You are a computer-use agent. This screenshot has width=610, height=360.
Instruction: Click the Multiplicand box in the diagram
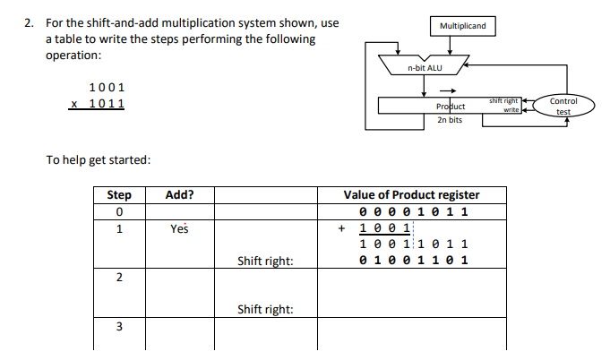tap(463, 25)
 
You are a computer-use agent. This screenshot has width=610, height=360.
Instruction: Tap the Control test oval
tap(563, 106)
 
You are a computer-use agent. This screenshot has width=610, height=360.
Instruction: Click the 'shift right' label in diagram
tap(504, 101)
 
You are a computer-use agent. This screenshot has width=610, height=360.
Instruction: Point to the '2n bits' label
tap(449, 119)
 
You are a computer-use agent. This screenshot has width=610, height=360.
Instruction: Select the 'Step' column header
tap(119, 195)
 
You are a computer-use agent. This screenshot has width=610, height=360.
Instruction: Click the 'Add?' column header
tap(179, 195)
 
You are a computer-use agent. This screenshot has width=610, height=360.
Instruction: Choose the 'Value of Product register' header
tap(411, 195)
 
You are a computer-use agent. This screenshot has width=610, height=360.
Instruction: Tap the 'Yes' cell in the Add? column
tap(179, 228)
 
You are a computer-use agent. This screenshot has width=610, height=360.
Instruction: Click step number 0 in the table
tap(119, 212)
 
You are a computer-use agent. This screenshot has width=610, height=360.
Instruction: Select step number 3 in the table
tap(119, 327)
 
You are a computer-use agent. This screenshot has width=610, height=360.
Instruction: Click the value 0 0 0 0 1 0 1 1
tap(414, 212)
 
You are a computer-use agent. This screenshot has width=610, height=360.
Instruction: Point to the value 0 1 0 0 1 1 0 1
tap(414, 261)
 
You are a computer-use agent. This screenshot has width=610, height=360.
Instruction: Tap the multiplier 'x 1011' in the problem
tap(98, 104)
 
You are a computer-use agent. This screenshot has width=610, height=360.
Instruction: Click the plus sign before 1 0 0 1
tap(340, 228)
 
